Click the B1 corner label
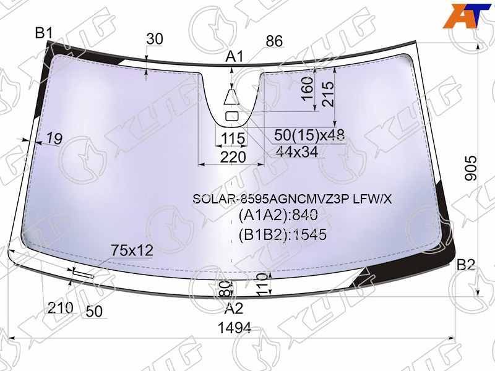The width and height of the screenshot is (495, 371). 43,33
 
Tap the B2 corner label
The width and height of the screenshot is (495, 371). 466,265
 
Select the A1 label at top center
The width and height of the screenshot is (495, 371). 235,56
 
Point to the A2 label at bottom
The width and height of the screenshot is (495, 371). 234,309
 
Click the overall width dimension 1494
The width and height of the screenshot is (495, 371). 235,328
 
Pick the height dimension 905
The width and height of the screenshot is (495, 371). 471,168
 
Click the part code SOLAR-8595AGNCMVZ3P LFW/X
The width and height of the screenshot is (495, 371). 292,199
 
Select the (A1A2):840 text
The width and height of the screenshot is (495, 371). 278,215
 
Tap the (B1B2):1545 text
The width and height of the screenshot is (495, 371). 282,234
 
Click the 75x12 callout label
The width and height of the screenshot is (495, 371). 132,251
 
